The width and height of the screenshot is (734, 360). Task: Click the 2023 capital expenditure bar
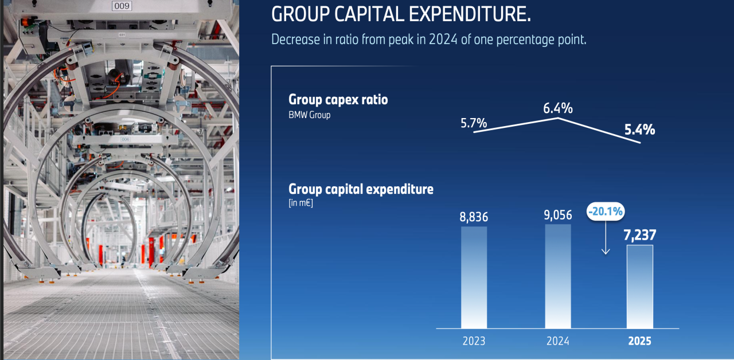(x=474, y=277)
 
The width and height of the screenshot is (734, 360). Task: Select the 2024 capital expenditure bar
(x=558, y=276)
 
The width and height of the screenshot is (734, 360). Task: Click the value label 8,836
(x=474, y=217)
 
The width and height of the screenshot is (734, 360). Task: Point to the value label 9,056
(x=558, y=214)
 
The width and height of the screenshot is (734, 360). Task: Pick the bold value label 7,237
(x=639, y=235)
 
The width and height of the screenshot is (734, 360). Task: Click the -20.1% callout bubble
(x=605, y=212)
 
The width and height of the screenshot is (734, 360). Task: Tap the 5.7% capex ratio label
(x=474, y=123)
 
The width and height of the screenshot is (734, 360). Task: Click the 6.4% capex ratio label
(x=559, y=108)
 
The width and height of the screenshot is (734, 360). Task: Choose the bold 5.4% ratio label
(x=641, y=130)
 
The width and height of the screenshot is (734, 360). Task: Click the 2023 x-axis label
(x=474, y=341)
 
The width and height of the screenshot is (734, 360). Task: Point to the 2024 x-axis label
(x=558, y=341)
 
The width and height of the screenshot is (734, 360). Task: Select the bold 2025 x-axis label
(x=639, y=341)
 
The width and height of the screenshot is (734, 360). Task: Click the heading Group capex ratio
(x=338, y=100)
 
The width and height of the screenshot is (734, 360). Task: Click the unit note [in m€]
(x=301, y=203)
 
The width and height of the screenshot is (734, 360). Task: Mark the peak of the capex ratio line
(x=559, y=118)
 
